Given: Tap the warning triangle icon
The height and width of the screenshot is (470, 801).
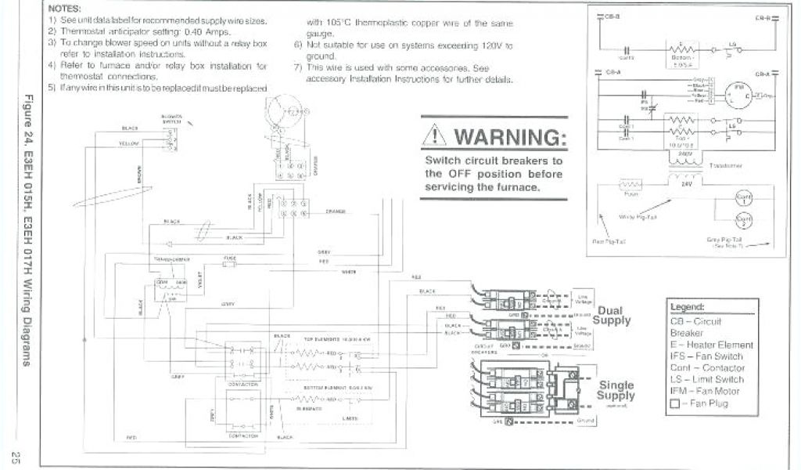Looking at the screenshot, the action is [435, 138].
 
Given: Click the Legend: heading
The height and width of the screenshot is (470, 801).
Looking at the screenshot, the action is [688, 306].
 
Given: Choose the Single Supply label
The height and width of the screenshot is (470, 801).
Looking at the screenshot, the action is [616, 390].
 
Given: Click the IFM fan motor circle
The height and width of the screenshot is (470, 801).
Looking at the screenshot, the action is [735, 94].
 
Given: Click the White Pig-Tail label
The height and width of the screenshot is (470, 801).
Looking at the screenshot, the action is [638, 216].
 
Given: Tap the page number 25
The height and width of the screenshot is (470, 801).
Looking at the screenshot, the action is [15, 456].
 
